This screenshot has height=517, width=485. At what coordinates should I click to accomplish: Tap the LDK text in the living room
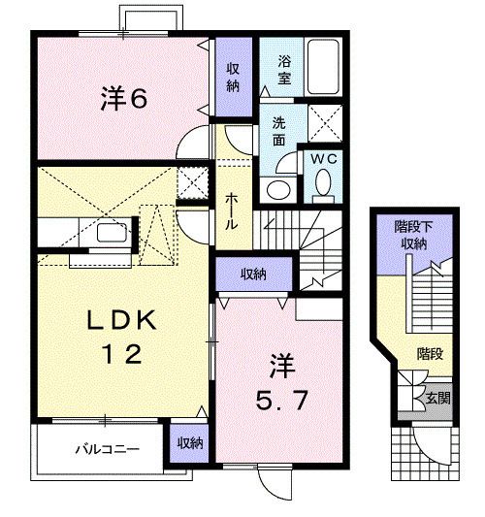coord(124,321)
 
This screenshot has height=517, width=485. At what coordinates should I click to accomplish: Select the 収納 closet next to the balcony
coord(190,442)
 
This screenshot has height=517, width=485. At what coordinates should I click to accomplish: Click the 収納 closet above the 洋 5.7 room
coord(254,275)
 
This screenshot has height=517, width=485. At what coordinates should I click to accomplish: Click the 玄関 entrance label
coord(436,398)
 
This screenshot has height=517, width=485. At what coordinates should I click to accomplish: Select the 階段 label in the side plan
coord(430,354)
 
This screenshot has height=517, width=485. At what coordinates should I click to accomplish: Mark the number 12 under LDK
coord(124,355)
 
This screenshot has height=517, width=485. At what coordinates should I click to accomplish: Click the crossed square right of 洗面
coord(322,122)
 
